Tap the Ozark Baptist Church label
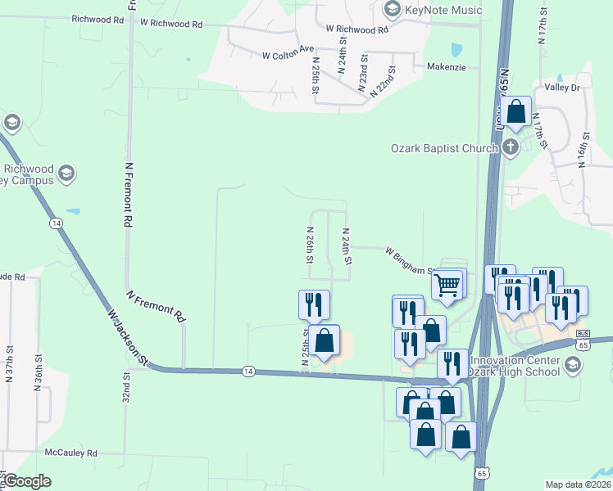tap(443, 148)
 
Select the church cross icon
tap(510, 148)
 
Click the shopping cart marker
tap(447, 284)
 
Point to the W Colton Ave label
tap(288, 53)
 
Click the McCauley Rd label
tap(71, 453)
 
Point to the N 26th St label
tap(311, 245)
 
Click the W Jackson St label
tap(126, 337)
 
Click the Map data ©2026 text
tap(578, 484)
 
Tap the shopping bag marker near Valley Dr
tap(517, 111)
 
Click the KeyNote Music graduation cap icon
tap(392, 10)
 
